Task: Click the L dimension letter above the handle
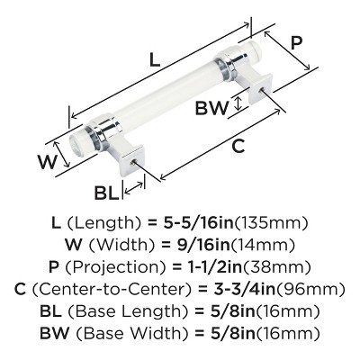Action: pyautogui.click(x=155, y=59)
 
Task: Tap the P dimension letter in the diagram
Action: pyautogui.click(x=296, y=43)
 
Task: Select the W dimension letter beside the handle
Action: pyautogui.click(x=47, y=162)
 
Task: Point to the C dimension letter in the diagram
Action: pyautogui.click(x=238, y=146)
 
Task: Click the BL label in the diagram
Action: pyautogui.click(x=106, y=193)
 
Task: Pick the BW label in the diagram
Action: pyautogui.click(x=211, y=108)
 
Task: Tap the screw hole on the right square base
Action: pyautogui.click(x=261, y=89)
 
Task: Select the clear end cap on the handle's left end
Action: pyautogui.click(x=78, y=141)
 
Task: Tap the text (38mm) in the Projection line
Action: pyautogui.click(x=276, y=267)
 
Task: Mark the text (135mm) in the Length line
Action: pyautogui.click(x=271, y=223)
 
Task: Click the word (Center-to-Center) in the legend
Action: pyautogui.click(x=112, y=290)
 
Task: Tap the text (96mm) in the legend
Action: pyautogui.click(x=310, y=290)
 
